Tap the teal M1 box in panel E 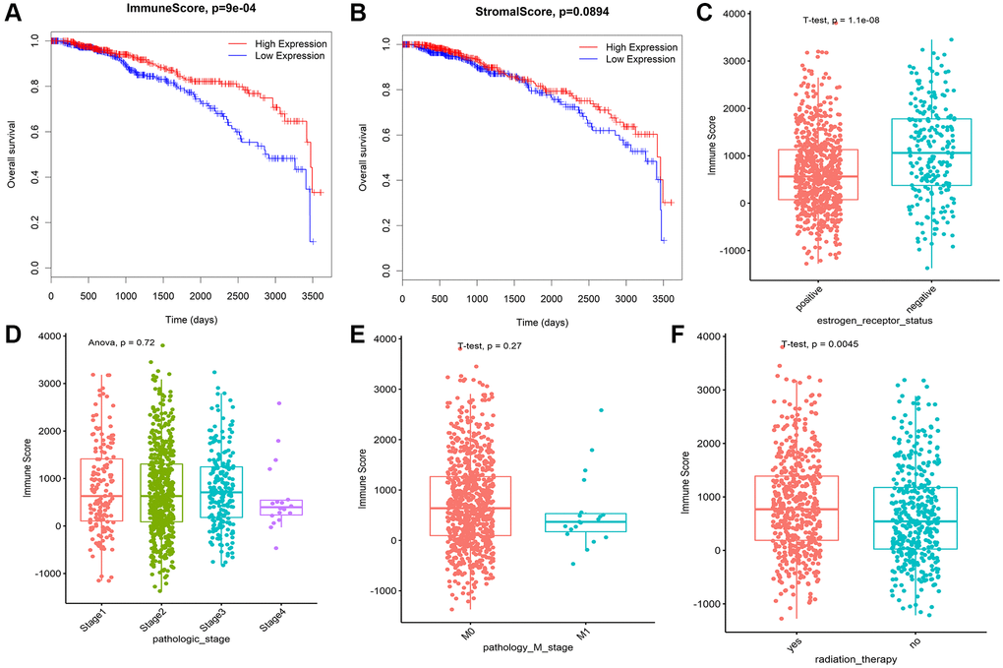coord(600,522)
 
